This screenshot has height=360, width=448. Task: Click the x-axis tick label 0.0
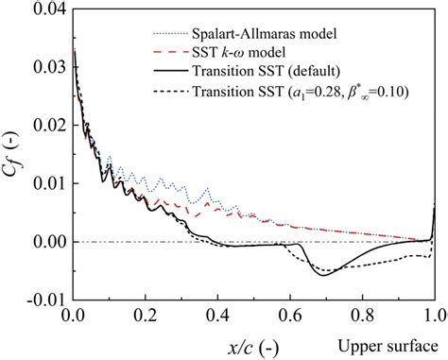click(x=71, y=316)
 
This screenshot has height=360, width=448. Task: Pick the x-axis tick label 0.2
click(x=144, y=316)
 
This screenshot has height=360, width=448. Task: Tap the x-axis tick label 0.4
click(x=216, y=316)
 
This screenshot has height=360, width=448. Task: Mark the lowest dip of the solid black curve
click(x=325, y=275)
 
